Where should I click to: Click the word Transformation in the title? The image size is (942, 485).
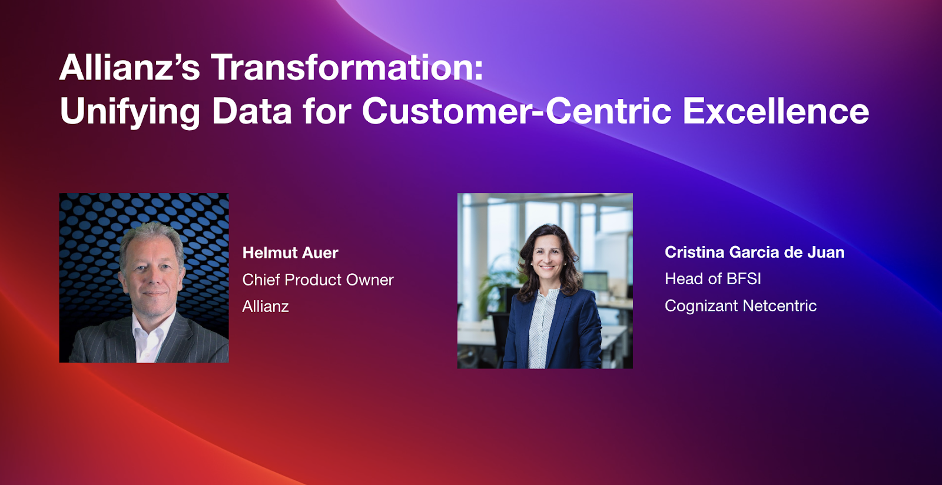(x=347, y=67)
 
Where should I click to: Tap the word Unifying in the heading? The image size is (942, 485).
(x=130, y=111)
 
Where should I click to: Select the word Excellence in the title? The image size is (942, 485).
(x=776, y=111)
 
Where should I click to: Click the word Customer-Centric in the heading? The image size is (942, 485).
(x=517, y=111)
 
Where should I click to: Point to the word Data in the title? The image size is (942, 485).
(x=252, y=111)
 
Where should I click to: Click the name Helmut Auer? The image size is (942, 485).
(x=290, y=253)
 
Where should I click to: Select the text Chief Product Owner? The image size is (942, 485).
(x=318, y=280)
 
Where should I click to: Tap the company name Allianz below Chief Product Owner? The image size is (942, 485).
(x=266, y=307)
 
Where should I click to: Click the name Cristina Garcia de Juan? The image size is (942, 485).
(x=754, y=252)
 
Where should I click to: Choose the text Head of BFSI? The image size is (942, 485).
(x=713, y=278)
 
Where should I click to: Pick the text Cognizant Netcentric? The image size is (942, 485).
(x=741, y=305)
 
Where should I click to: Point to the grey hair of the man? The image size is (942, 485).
(x=151, y=235)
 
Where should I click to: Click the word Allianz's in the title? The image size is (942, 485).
(x=130, y=67)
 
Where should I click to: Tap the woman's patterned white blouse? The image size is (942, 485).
(x=542, y=328)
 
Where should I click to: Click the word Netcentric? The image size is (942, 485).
(x=780, y=305)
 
